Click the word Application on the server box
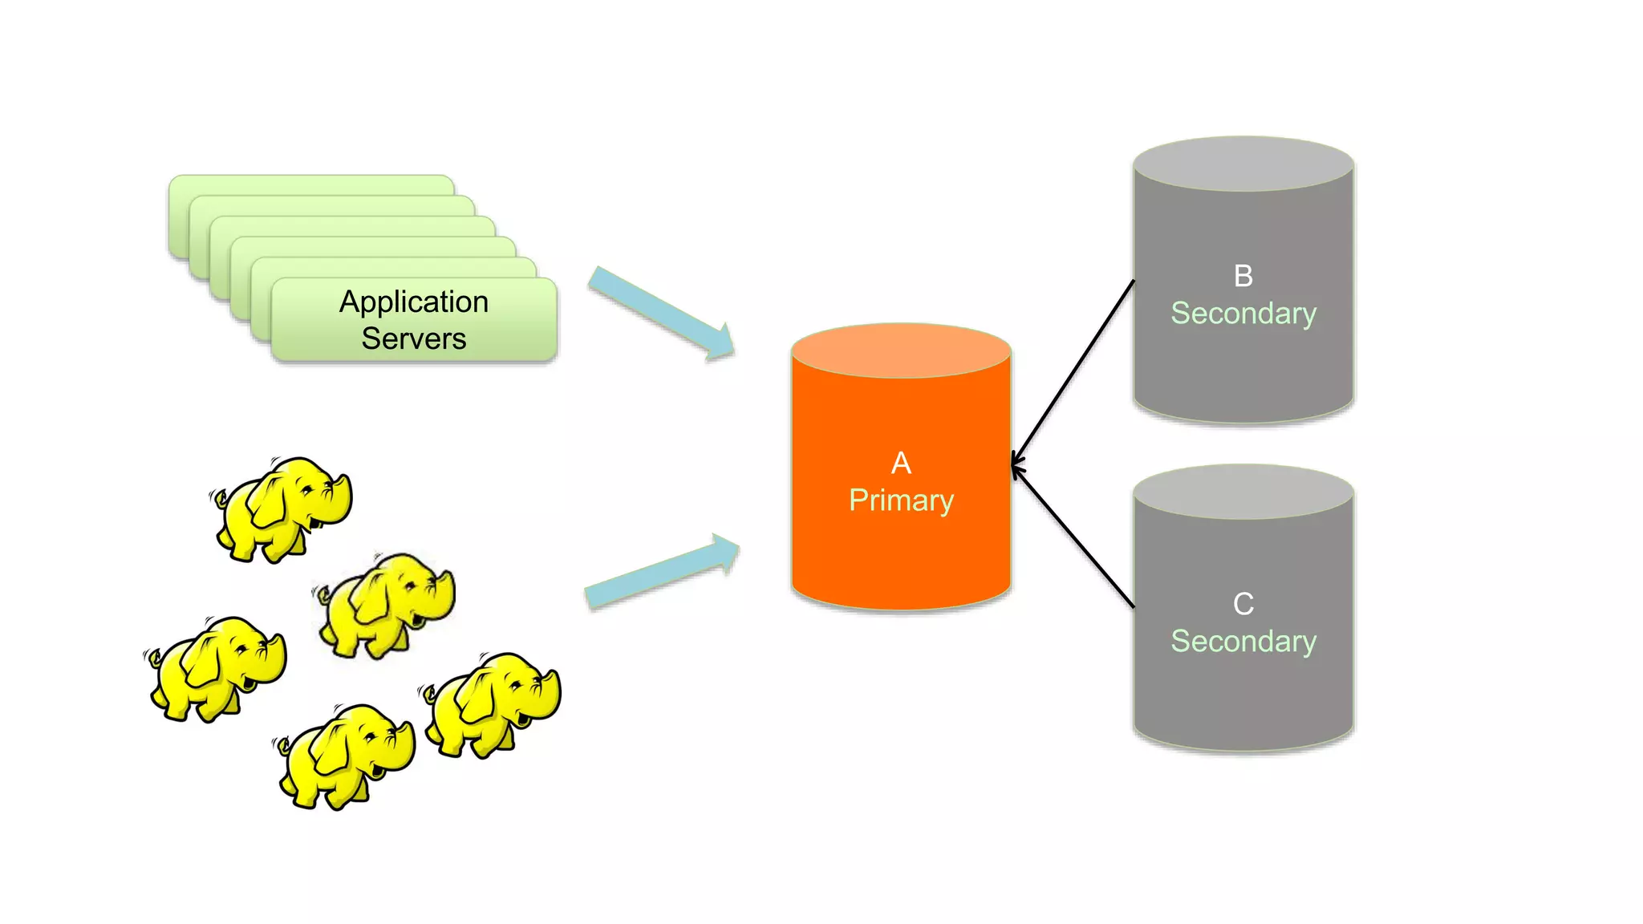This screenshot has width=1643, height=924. pyautogui.click(x=413, y=302)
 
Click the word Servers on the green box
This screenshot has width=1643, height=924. pyautogui.click(x=413, y=338)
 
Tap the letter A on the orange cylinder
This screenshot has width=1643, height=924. pyautogui.click(x=901, y=463)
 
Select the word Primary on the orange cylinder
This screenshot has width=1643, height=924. pyautogui.click(x=901, y=500)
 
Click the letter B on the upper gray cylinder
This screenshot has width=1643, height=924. pyautogui.click(x=1243, y=276)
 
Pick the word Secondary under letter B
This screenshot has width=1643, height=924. pyautogui.click(x=1243, y=314)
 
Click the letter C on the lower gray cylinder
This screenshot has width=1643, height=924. pyautogui.click(x=1243, y=604)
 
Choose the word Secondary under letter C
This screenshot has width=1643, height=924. pyautogui.click(x=1243, y=642)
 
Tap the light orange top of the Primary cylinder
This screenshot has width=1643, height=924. pyautogui.click(x=901, y=351)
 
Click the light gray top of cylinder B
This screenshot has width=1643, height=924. pyautogui.click(x=1243, y=164)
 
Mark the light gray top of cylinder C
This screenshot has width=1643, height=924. pyautogui.click(x=1243, y=492)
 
